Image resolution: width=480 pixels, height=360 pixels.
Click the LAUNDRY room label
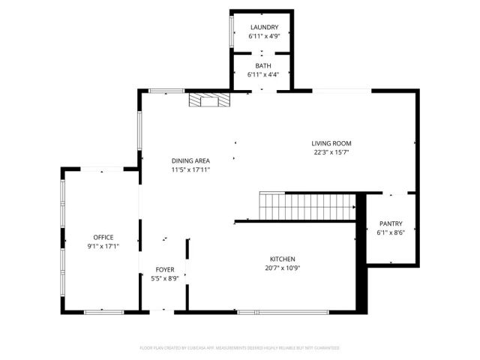[263, 28]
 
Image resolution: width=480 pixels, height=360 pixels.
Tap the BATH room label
[263, 66]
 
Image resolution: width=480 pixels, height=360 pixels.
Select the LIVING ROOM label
[331, 143]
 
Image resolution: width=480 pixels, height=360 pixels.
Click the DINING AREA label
[190, 160]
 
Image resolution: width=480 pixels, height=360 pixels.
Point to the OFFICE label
[103, 238]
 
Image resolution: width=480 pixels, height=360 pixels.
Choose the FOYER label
[165, 270]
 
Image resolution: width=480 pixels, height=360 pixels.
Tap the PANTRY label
[391, 223]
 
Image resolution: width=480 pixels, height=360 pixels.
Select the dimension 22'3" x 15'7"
[331, 152]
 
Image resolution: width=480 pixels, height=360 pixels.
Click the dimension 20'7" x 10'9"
[283, 268]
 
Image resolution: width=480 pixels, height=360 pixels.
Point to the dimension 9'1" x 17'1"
[103, 247]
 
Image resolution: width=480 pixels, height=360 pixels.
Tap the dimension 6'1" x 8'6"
[391, 232]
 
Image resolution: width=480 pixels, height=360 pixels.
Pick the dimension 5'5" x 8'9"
[165, 278]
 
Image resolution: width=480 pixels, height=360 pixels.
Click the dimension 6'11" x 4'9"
[263, 36]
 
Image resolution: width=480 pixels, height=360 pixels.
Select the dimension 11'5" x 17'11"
[190, 169]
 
